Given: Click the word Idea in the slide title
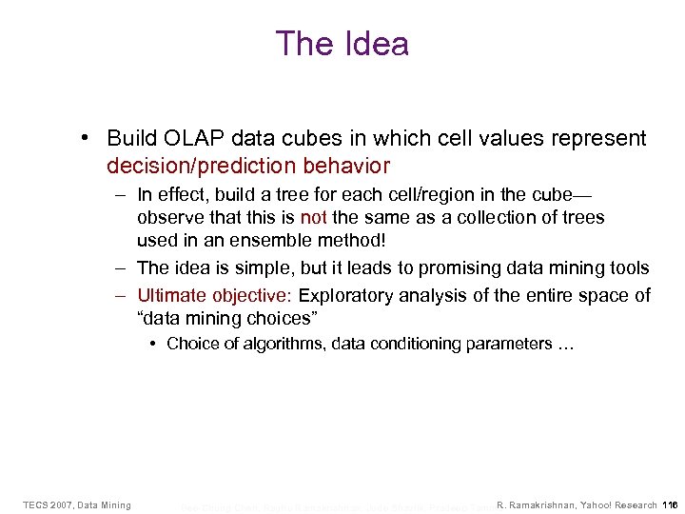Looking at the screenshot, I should [374, 44].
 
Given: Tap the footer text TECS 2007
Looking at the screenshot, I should [47, 504].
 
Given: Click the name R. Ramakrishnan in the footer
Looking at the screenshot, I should [539, 504].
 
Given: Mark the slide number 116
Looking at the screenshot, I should [670, 504].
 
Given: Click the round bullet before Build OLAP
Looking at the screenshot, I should [87, 139].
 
